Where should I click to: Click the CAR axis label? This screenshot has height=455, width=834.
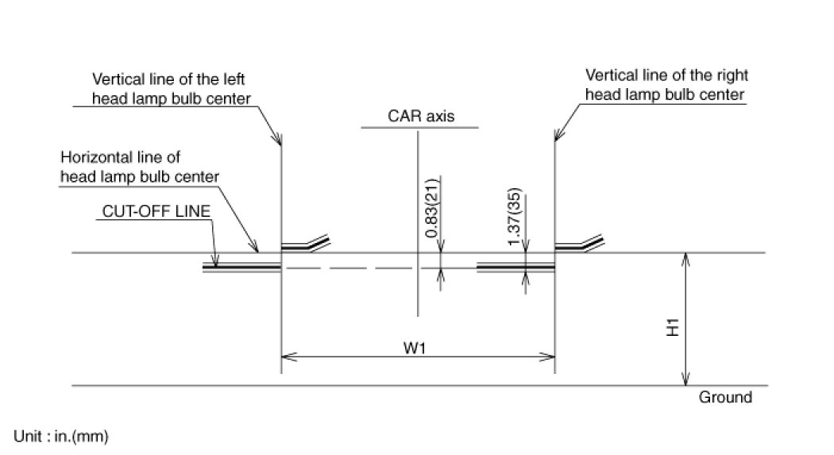click(x=419, y=116)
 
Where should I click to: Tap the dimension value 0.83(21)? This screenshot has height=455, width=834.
click(x=430, y=208)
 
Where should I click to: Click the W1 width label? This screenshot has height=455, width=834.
click(x=419, y=348)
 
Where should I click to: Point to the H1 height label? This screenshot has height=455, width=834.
click(x=671, y=326)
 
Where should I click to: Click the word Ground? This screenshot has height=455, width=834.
click(x=724, y=397)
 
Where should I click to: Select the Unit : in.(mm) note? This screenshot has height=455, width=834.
click(x=60, y=436)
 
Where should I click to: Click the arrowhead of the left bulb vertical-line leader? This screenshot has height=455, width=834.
click(x=280, y=141)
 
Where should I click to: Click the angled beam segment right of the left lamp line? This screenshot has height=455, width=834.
click(x=310, y=243)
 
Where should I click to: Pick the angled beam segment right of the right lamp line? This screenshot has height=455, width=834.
click(x=584, y=243)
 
